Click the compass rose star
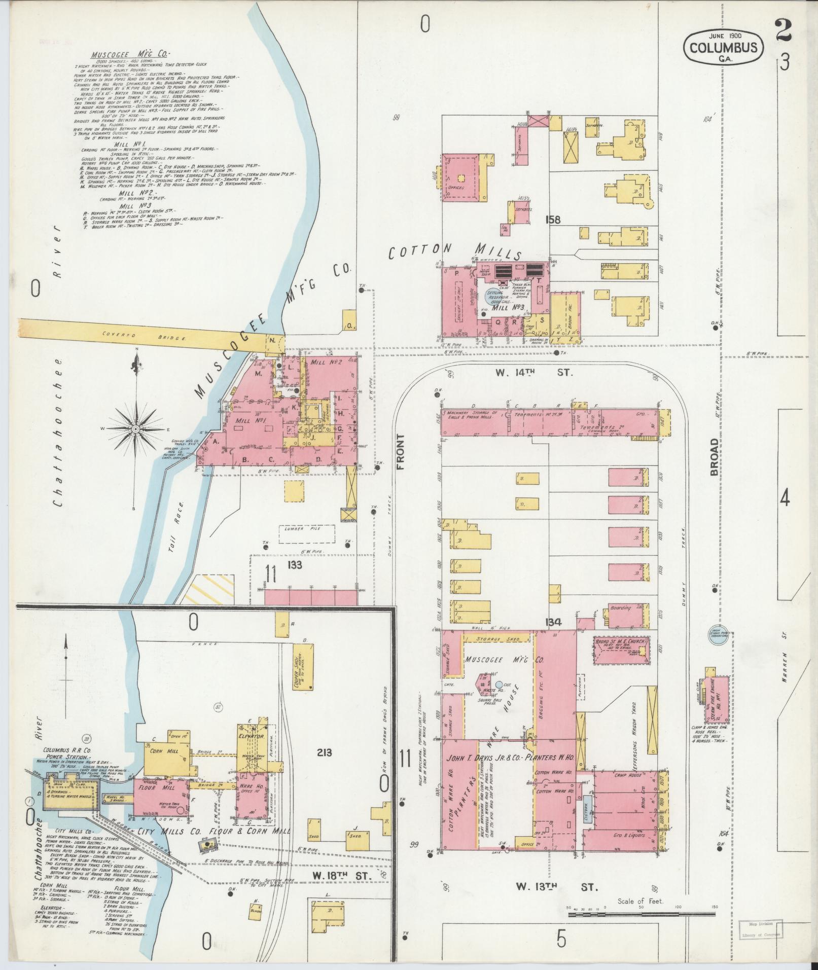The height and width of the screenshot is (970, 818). pyautogui.click(x=136, y=429)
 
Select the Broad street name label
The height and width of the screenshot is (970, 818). pyautogui.click(x=715, y=457)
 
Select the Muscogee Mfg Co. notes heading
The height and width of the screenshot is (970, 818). pyautogui.click(x=131, y=55)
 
